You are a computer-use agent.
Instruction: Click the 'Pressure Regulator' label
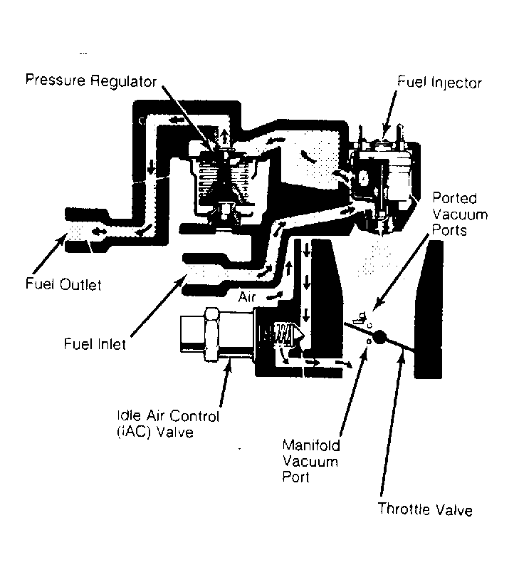pos(91,81)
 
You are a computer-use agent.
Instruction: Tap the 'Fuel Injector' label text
pos(439,82)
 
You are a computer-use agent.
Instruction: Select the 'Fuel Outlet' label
pos(63,284)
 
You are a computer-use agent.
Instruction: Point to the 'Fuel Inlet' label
pos(95,344)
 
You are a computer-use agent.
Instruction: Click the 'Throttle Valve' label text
pos(425,509)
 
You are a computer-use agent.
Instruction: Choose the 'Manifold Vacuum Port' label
pos(311,461)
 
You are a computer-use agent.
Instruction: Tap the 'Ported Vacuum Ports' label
pos(460,214)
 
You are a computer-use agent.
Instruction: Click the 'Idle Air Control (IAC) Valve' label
pos(168,424)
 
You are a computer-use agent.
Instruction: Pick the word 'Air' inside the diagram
pos(247,297)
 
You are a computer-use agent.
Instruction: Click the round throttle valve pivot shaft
pos(379,336)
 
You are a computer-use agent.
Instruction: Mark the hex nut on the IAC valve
pos(211,333)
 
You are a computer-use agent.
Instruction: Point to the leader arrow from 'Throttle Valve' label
pos(392,422)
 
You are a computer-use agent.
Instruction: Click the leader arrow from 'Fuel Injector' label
pos(390,115)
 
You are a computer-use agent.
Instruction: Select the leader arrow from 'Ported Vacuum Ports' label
pos(402,272)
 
